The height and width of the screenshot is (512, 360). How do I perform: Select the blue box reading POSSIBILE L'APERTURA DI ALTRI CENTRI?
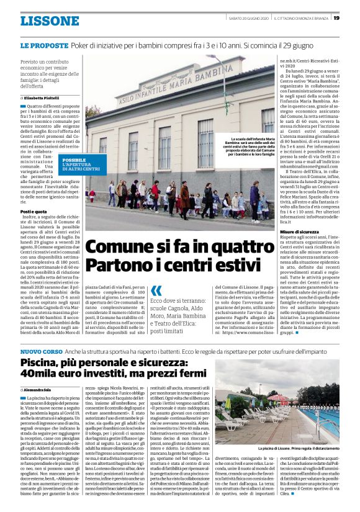click(81, 164)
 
